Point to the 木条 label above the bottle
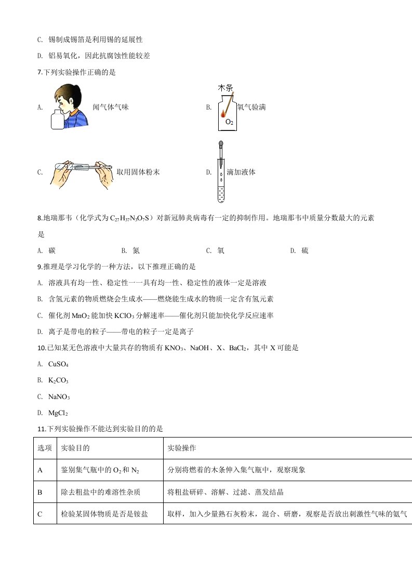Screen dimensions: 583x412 pyautogui.click(x=225, y=88)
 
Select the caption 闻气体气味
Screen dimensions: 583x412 pyautogui.click(x=111, y=108)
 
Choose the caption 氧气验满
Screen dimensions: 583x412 pyautogui.click(x=251, y=108)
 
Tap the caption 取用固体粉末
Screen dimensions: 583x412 pyautogui.click(x=138, y=173)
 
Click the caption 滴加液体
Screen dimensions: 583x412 pyautogui.click(x=241, y=173)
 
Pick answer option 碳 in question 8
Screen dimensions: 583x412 pyautogui.click(x=51, y=251)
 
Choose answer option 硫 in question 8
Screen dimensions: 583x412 pyautogui.click(x=305, y=251)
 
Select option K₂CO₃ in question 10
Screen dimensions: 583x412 pyautogui.click(x=58, y=381)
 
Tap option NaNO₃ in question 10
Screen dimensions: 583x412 pyautogui.click(x=59, y=397)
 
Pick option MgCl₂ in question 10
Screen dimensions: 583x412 pyautogui.click(x=58, y=413)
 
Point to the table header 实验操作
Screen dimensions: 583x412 pyautogui.click(x=182, y=448)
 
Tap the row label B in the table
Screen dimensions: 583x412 pyautogui.click(x=40, y=492)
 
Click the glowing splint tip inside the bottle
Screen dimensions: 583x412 pyautogui.click(x=223, y=113)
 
